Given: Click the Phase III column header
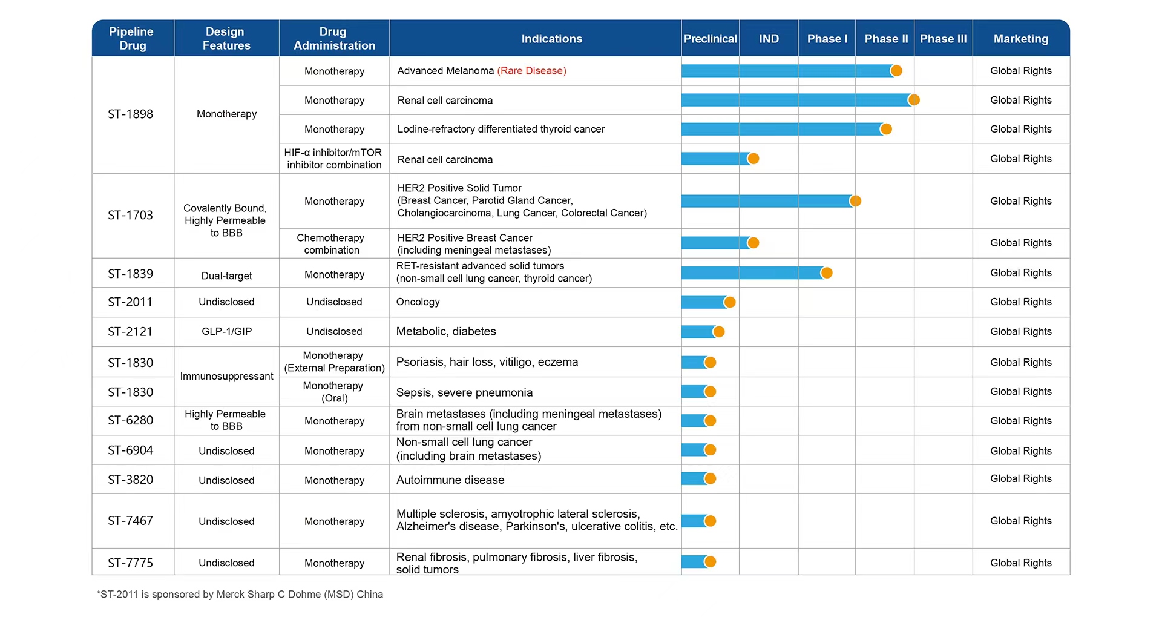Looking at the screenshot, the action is click(943, 39).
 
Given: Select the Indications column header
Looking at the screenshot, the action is click(552, 39).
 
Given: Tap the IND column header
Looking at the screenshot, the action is click(769, 39).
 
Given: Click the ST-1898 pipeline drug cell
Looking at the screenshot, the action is click(131, 114).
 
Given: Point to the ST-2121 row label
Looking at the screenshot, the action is click(131, 332).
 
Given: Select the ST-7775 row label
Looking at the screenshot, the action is click(131, 563).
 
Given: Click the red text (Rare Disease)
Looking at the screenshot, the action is click(532, 71).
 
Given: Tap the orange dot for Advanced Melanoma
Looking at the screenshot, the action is click(896, 71).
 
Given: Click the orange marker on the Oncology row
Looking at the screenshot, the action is click(730, 302).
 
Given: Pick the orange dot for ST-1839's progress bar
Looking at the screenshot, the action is click(827, 273).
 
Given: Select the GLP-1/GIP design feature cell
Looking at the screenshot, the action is click(227, 332).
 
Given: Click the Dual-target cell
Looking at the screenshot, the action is click(227, 276).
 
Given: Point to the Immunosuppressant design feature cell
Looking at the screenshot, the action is click(227, 377).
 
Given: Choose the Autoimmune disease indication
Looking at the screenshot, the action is click(450, 480).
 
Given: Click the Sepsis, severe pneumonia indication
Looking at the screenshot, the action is click(465, 393).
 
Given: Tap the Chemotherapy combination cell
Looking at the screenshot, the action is click(332, 244).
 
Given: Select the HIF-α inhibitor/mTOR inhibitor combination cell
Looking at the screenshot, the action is click(334, 159).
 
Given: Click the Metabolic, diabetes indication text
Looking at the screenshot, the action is click(446, 332).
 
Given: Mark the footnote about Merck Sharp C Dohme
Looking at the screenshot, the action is click(240, 595).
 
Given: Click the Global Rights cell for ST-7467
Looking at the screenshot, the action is click(1021, 521).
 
